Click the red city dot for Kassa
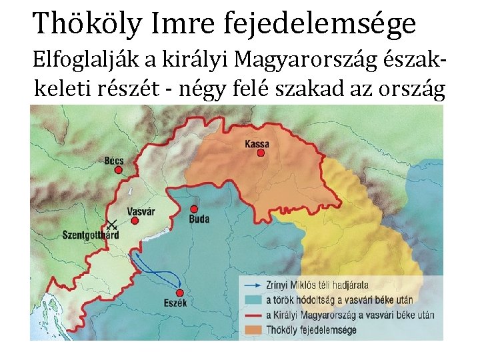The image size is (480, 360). pyautogui.click(x=261, y=153)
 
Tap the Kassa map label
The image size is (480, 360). pyautogui.click(x=257, y=143)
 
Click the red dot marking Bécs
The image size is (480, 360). pyautogui.click(x=119, y=170)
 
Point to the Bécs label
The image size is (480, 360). pyautogui.click(x=114, y=161)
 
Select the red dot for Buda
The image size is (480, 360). pyautogui.click(x=193, y=209)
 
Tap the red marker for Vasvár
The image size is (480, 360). pyautogui.click(x=135, y=221)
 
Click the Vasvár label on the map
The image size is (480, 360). pyautogui.click(x=141, y=211)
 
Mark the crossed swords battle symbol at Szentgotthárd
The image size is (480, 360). pyautogui.click(x=112, y=225)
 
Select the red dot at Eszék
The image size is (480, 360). pyautogui.click(x=179, y=293)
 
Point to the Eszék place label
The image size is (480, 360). pyautogui.click(x=175, y=303)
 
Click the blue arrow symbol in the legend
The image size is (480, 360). pyautogui.click(x=252, y=285)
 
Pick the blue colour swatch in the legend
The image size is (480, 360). pyautogui.click(x=252, y=299)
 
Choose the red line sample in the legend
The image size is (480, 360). pyautogui.click(x=252, y=315)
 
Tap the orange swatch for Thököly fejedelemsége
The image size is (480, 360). pyautogui.click(x=252, y=329)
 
